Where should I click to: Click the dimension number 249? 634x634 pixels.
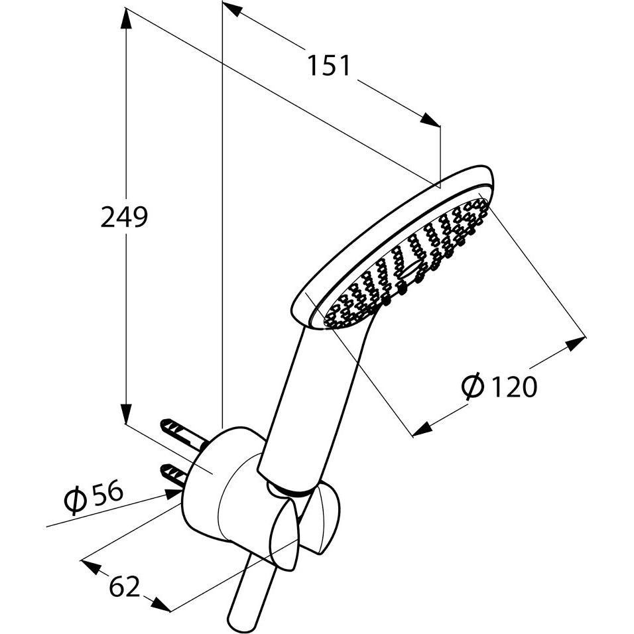point(124,217)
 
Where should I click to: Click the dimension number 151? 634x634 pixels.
point(328,65)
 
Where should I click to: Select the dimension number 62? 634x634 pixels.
point(125,586)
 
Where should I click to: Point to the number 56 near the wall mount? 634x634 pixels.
point(107,491)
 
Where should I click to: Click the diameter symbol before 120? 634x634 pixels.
point(472,385)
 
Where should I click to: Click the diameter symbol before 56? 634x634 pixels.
point(76,501)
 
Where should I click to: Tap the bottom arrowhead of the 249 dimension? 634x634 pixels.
point(127,412)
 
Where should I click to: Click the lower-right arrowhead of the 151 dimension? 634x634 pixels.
point(430,120)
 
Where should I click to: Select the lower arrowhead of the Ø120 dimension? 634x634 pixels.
point(423,429)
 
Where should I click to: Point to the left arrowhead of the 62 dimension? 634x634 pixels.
point(92,567)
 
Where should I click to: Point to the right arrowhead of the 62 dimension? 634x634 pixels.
point(161,603)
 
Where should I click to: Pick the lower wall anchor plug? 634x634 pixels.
point(173,474)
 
